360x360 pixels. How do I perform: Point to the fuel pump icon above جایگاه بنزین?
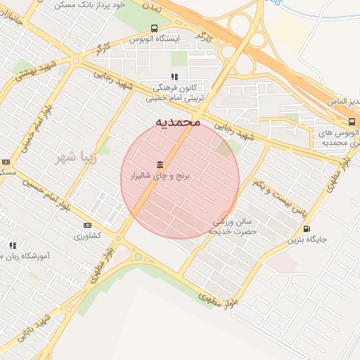point(306,229)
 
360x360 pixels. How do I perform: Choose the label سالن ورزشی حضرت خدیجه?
point(235,226)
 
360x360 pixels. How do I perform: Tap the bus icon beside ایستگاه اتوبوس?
point(154,28)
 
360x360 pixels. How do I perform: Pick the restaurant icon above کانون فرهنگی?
point(174,77)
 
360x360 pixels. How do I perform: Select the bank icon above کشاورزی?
point(87,225)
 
